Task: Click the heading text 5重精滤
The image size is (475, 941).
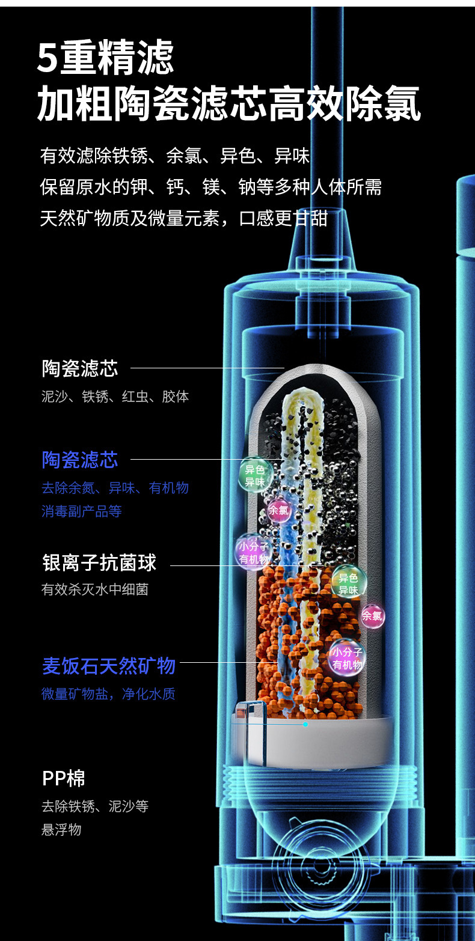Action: [106, 58]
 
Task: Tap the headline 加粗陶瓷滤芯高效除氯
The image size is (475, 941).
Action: [228, 104]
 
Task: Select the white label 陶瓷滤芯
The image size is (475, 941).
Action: [80, 368]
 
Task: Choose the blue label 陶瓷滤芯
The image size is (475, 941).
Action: [80, 460]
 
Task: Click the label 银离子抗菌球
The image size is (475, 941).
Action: [99, 563]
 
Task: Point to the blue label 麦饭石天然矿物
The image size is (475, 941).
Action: [109, 666]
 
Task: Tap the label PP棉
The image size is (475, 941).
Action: [64, 779]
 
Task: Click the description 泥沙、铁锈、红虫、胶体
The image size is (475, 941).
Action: [115, 397]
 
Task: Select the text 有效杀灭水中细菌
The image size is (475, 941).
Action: [94, 589]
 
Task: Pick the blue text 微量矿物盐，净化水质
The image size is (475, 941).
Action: [108, 694]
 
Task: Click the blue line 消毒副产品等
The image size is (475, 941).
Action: [81, 511]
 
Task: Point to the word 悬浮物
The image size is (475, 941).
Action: [61, 830]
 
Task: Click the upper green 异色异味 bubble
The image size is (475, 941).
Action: [255, 475]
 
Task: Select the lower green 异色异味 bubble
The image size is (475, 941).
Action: [348, 583]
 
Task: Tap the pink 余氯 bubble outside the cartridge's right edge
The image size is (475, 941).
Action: [372, 616]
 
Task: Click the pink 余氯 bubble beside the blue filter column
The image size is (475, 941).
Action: [278, 511]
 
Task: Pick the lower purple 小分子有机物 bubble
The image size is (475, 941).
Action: [348, 658]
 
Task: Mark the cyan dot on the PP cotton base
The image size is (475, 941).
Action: [305, 724]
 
